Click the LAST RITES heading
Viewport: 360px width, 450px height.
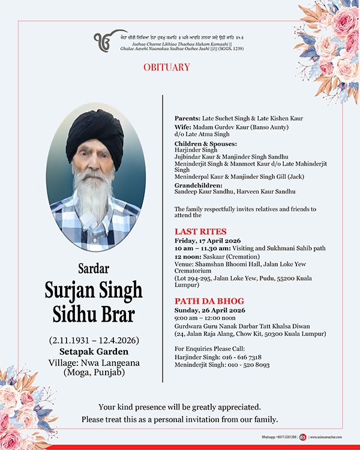pyautogui.click(x=200, y=231)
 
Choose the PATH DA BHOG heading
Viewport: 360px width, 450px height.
pyautogui.click(x=209, y=301)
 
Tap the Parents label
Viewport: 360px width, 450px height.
pyautogui.click(x=188, y=118)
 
